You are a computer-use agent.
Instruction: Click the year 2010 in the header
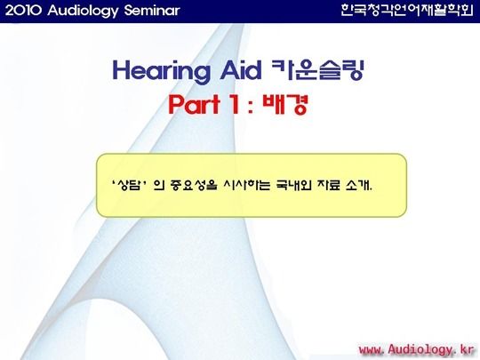(23, 11)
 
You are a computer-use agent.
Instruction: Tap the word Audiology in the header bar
(83, 12)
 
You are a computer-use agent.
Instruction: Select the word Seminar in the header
(152, 11)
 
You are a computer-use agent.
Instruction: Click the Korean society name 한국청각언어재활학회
(407, 10)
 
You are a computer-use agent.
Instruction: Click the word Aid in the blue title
(241, 70)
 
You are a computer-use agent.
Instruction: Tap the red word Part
(195, 104)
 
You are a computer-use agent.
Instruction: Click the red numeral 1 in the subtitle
(235, 104)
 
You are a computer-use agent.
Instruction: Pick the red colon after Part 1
(251, 107)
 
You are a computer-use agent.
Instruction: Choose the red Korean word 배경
(284, 104)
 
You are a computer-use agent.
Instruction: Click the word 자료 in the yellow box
(329, 185)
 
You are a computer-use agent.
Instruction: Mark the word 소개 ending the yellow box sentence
(357, 185)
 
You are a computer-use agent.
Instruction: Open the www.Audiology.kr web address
(416, 349)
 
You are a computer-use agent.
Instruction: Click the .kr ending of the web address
(464, 349)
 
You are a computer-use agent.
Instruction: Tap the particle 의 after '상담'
(158, 185)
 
